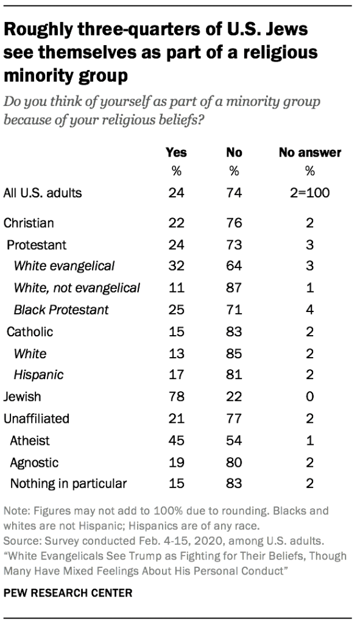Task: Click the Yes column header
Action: [176, 152]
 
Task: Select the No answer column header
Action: [309, 152]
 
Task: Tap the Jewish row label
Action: [23, 396]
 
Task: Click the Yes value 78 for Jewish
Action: [176, 396]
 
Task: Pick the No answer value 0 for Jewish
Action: [309, 396]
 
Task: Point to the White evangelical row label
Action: [64, 266]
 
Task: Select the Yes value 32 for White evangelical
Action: [176, 266]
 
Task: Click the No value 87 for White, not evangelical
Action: [233, 288]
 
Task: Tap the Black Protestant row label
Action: [61, 310]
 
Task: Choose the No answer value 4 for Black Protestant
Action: [309, 310]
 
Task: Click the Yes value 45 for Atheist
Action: [176, 440]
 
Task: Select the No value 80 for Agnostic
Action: [233, 462]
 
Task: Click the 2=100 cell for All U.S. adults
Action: [309, 194]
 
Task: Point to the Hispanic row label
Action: [38, 374]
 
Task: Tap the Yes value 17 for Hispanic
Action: [176, 374]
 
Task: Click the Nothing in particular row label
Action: [68, 484]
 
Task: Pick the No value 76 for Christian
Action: [233, 222]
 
